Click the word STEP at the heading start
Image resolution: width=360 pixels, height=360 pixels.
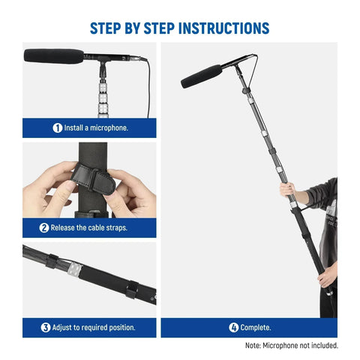click(x=107, y=28)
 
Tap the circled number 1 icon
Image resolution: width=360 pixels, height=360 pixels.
click(x=57, y=127)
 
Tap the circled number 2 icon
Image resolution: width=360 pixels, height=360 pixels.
click(x=44, y=227)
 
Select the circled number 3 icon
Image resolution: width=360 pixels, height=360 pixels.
click(x=46, y=327)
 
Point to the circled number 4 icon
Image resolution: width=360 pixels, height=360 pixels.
click(x=233, y=327)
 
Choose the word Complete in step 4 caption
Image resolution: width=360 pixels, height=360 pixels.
click(x=256, y=328)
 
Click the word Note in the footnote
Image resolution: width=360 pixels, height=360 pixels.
click(x=254, y=346)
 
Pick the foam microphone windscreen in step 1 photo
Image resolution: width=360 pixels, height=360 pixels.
click(x=53, y=55)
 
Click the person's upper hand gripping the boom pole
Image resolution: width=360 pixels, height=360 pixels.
click(x=289, y=190)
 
